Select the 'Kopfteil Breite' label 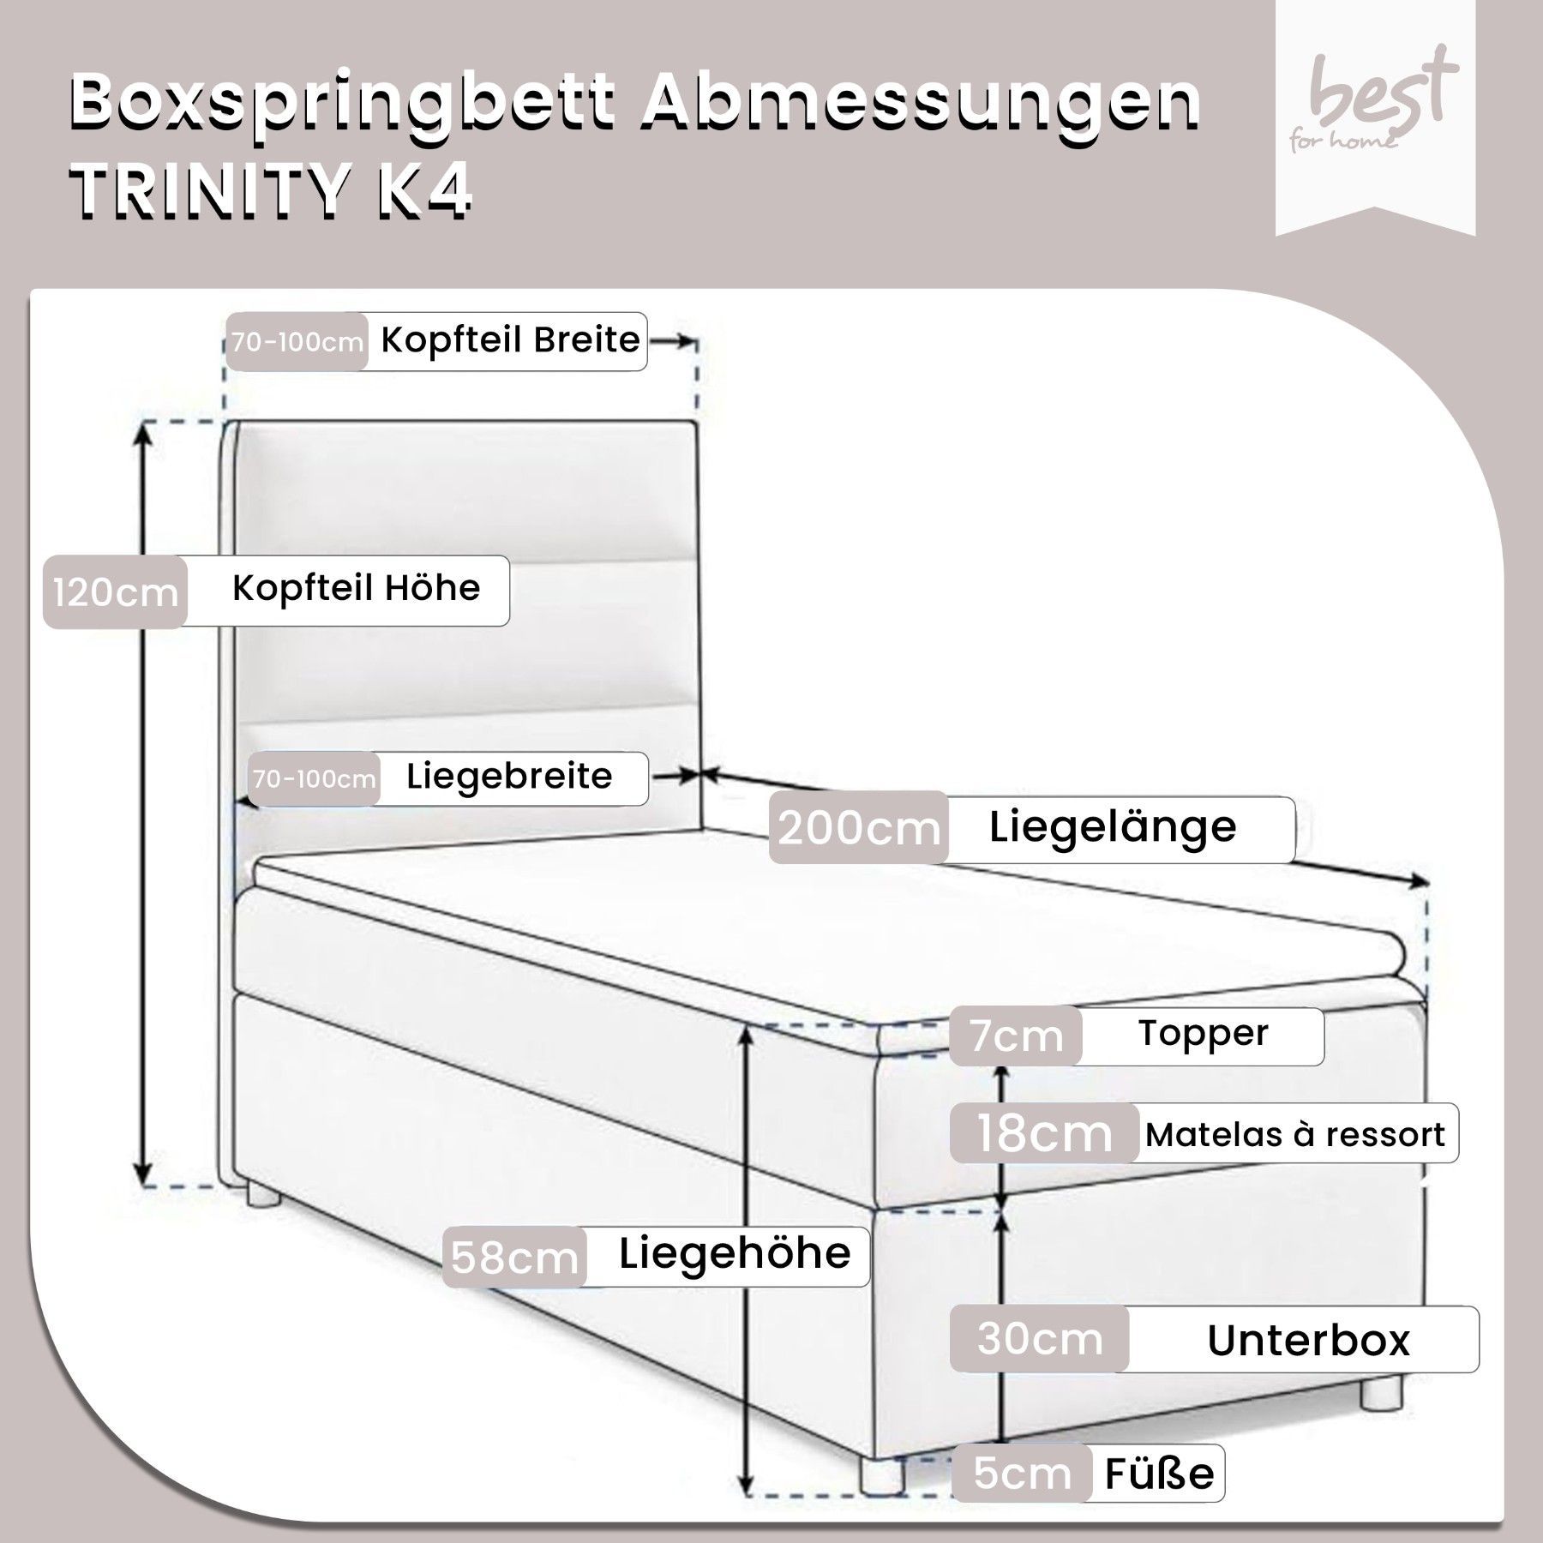(x=510, y=340)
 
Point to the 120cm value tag (x=115, y=592)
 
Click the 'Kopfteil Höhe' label (x=356, y=589)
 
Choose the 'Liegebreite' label (x=509, y=777)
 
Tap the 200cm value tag (x=859, y=829)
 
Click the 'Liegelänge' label (x=1113, y=827)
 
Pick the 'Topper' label (x=1203, y=1034)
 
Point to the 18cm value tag (x=1044, y=1133)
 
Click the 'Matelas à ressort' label (x=1295, y=1135)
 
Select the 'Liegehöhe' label (x=735, y=1254)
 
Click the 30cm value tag (x=1039, y=1339)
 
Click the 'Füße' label (x=1159, y=1474)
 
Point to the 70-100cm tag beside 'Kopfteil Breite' (x=297, y=342)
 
